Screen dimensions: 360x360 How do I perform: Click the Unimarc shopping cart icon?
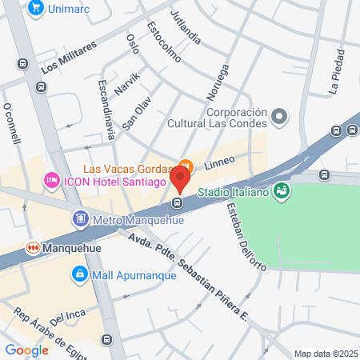click(35, 6)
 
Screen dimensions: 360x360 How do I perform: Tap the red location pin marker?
click(181, 177)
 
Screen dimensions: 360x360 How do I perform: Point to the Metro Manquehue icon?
click(80, 218)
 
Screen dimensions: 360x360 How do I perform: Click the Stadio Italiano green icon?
click(280, 191)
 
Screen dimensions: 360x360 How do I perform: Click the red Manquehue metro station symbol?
click(33, 248)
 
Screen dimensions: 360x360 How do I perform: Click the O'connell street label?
click(13, 123)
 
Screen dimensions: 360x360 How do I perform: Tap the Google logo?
click(26, 350)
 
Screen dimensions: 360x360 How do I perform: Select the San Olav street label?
click(137, 114)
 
